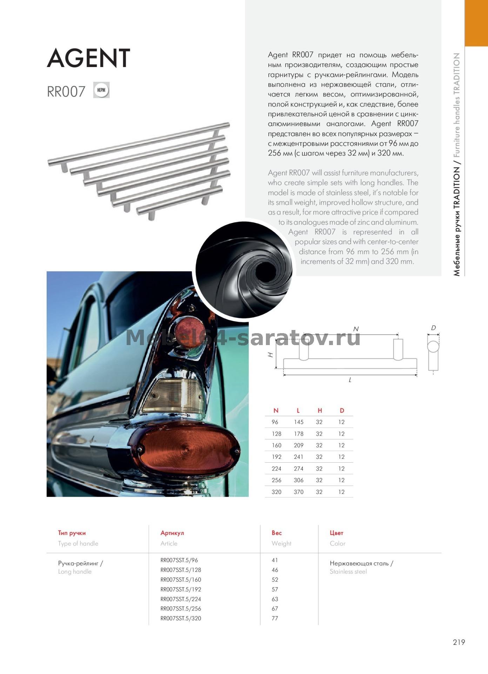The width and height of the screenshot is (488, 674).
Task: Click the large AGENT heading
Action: pyautogui.click(x=88, y=58)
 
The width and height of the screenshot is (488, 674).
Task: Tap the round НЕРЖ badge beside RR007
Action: pyautogui.click(x=101, y=90)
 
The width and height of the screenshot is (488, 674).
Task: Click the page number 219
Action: pyautogui.click(x=459, y=642)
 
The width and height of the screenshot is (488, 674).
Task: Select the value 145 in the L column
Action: pyautogui.click(x=299, y=422)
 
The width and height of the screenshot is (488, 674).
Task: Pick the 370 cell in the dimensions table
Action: pyautogui.click(x=299, y=492)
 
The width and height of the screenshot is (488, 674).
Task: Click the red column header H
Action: pyautogui.click(x=320, y=410)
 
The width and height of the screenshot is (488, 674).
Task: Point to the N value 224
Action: pyautogui.click(x=276, y=469)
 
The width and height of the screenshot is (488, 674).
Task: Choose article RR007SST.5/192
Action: pyautogui.click(x=181, y=589)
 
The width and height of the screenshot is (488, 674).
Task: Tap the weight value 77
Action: pyautogui.click(x=275, y=618)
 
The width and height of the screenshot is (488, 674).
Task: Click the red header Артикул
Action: pyautogui.click(x=172, y=533)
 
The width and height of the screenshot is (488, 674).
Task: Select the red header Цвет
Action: pyautogui.click(x=336, y=533)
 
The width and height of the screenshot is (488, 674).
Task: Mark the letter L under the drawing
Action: pyautogui.click(x=350, y=380)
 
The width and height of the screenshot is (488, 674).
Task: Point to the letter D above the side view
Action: pyautogui.click(x=433, y=328)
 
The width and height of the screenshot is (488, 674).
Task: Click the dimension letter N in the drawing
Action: pyautogui.click(x=356, y=329)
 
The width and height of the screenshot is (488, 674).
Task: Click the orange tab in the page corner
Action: pyautogui.click(x=476, y=23)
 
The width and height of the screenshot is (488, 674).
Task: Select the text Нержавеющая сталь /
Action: pyautogui.click(x=361, y=563)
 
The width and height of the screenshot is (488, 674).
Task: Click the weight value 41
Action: pyautogui.click(x=275, y=560)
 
